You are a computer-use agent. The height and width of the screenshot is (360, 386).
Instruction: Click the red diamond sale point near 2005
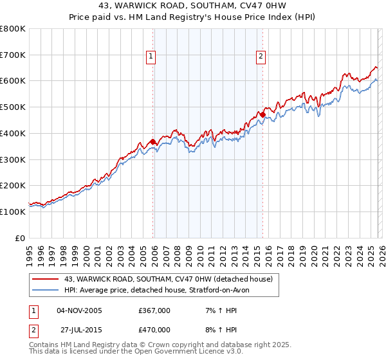tap(152, 142)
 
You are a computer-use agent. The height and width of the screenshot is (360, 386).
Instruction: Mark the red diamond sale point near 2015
tap(263, 115)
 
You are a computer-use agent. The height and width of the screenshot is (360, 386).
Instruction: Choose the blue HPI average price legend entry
tap(161, 290)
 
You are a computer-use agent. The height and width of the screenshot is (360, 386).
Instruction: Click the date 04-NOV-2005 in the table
tap(79, 310)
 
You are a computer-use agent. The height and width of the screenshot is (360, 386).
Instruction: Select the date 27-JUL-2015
tap(79, 330)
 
